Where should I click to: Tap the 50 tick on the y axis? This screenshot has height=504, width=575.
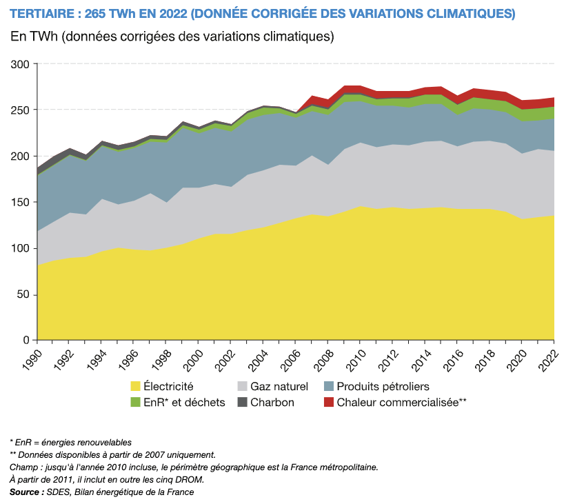click(22, 294)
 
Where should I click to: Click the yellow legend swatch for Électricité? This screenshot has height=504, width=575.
click(136, 387)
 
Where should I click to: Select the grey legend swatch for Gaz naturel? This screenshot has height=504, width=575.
click(243, 387)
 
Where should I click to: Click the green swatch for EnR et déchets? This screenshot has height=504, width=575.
click(136, 403)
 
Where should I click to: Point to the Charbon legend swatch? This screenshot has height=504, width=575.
click(243, 403)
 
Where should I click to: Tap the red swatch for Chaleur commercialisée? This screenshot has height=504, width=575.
click(329, 403)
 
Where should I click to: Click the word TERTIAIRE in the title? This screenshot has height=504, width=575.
click(42, 14)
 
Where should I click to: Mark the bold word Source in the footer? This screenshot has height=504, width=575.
click(25, 492)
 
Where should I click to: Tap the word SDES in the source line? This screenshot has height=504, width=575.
click(58, 492)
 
